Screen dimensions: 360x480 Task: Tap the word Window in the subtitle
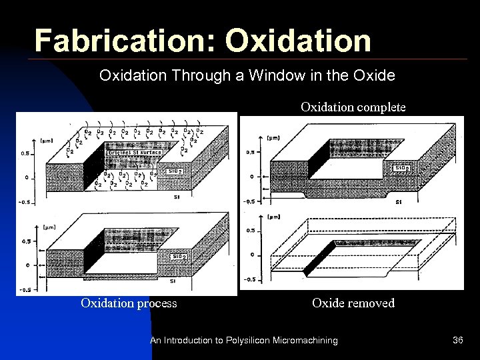pos(276,76)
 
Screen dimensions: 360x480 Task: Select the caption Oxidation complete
pos(353,107)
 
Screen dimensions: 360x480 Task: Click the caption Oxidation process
pos(129,303)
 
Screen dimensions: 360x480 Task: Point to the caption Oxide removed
pos(353,303)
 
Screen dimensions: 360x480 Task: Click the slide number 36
pos(457,341)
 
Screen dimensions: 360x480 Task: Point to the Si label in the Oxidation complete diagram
pos(398,202)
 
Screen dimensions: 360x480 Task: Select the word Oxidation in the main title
pos(298,41)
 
